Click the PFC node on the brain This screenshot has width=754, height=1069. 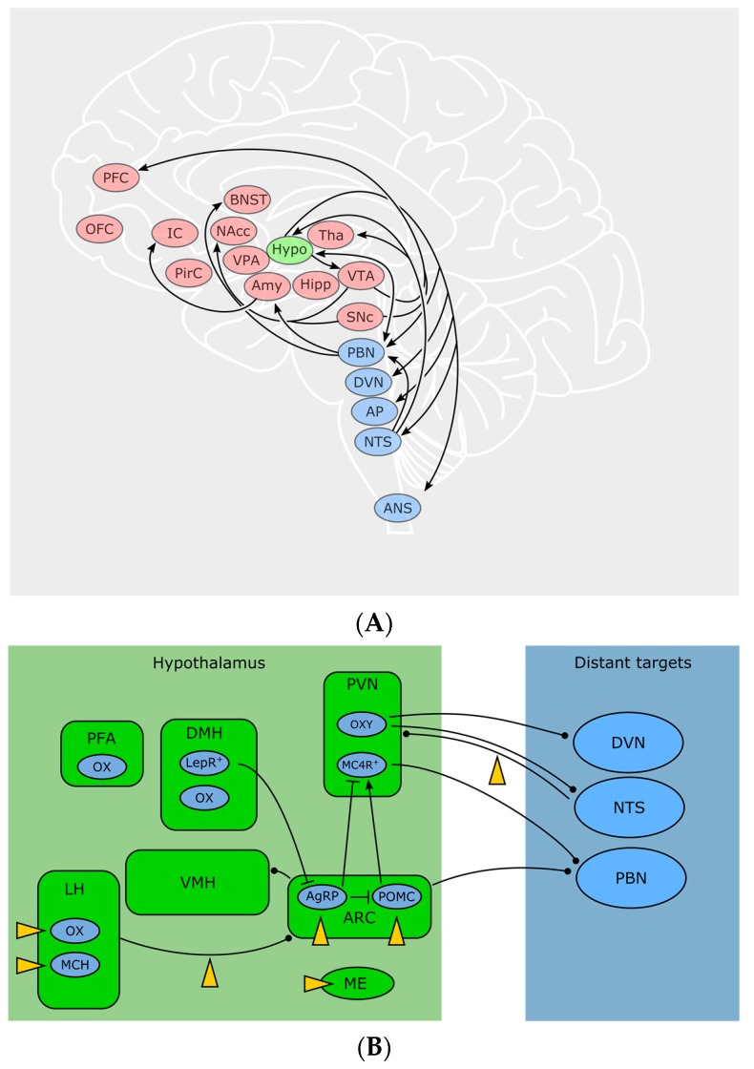click(x=116, y=178)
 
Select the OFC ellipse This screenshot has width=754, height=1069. click(x=99, y=229)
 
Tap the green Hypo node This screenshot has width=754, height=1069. click(x=290, y=250)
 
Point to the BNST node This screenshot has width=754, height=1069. click(x=247, y=200)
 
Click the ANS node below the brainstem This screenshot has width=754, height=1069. click(x=397, y=508)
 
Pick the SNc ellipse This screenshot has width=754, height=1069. click(x=359, y=317)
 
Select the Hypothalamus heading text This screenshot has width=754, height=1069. click(x=224, y=660)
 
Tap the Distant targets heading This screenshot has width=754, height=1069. click(x=632, y=660)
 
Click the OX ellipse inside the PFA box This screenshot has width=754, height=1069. click(x=102, y=766)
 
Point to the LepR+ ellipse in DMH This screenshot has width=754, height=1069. click(x=204, y=763)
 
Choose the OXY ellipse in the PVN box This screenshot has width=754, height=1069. click(x=363, y=724)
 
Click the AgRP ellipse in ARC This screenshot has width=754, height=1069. click(x=323, y=897)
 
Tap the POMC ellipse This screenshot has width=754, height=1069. click(x=396, y=897)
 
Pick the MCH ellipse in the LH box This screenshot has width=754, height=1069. click(x=75, y=965)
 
